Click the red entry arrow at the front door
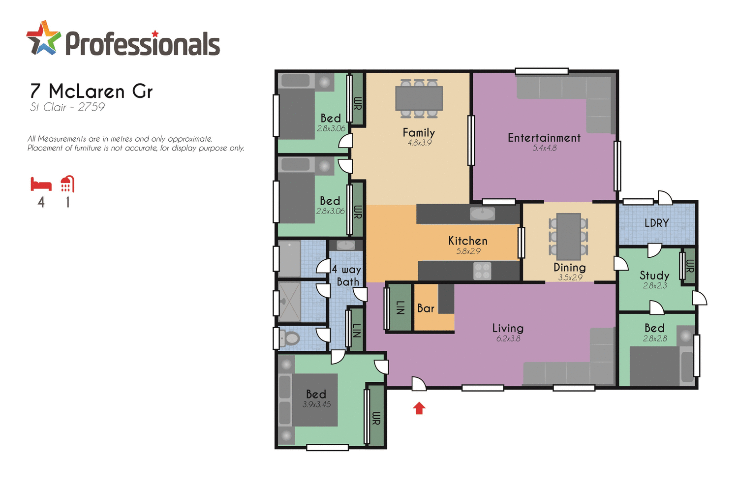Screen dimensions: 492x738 pyautogui.click(x=419, y=408)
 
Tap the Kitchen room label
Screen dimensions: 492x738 pyautogui.click(x=467, y=241)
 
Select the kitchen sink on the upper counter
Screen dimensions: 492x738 pyautogui.click(x=482, y=214)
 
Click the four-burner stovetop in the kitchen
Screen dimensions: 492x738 pyautogui.click(x=482, y=271)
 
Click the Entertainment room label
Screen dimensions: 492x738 pyautogui.click(x=544, y=138)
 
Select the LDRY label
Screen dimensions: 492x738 pyautogui.click(x=656, y=223)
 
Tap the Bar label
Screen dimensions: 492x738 pyautogui.click(x=426, y=308)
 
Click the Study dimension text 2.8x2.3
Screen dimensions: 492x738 pyautogui.click(x=654, y=286)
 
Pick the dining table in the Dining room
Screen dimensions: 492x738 pyautogui.click(x=568, y=236)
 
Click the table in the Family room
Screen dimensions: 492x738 pyautogui.click(x=419, y=98)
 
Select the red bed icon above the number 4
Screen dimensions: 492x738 pyautogui.click(x=41, y=184)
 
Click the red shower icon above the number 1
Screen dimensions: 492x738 pyautogui.click(x=67, y=184)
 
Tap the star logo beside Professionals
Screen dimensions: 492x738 pyautogui.click(x=43, y=38)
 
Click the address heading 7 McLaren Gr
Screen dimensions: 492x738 pyautogui.click(x=92, y=92)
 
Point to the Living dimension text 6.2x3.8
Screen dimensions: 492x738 pyautogui.click(x=508, y=338)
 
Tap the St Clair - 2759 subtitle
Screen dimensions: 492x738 pyautogui.click(x=67, y=107)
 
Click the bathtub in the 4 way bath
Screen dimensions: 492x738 pyautogui.click(x=289, y=259)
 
